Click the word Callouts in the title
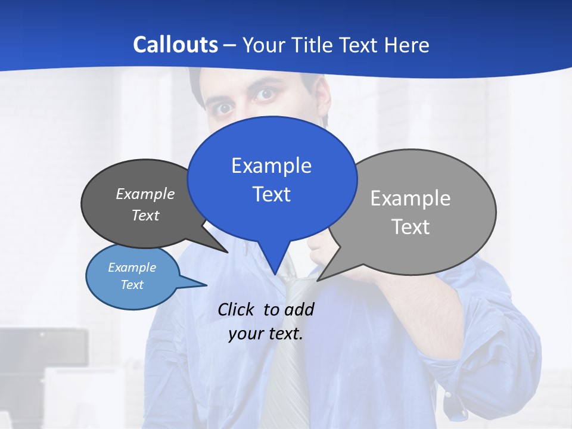176,45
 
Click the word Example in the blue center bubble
271,166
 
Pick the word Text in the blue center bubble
271,194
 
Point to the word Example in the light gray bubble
411,198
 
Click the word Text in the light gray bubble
411,227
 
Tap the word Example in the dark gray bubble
145,194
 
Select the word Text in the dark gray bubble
145,215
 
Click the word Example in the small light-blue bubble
132,268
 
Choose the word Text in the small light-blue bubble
132,285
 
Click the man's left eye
266,94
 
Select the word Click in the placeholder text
236,309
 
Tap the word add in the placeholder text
299,309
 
